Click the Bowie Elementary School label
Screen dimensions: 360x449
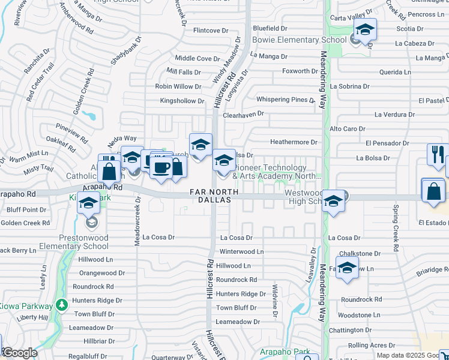point(291,40)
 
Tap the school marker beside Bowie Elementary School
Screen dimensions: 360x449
point(364,31)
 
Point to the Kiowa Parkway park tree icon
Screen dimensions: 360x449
point(61,305)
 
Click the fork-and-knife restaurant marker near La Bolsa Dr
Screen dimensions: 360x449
point(438,155)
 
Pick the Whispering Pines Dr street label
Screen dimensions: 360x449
point(285,100)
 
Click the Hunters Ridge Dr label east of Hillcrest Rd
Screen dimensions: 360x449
point(241,294)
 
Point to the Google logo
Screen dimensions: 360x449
point(20,353)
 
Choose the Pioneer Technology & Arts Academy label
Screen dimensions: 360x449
point(277,172)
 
